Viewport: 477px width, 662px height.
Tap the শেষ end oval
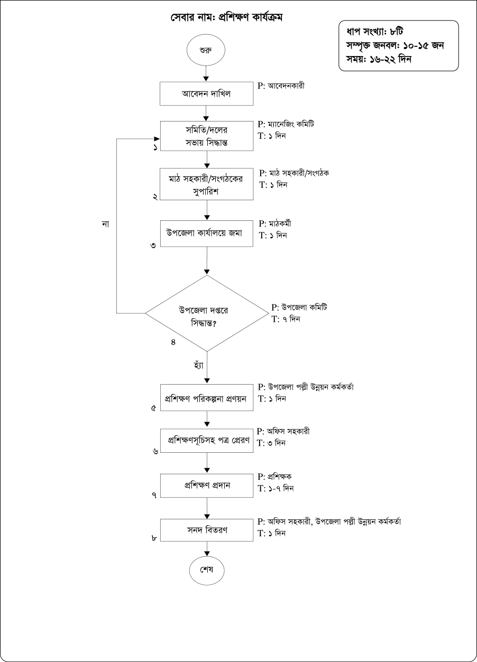click(206, 571)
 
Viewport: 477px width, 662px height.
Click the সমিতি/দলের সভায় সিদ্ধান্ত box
click(206, 136)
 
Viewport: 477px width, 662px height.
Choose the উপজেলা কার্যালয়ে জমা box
click(206, 232)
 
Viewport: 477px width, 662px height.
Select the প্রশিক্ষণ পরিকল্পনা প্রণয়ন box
click(206, 397)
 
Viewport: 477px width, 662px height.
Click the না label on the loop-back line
click(105, 224)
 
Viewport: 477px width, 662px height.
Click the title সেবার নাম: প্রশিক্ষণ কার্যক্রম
click(226, 17)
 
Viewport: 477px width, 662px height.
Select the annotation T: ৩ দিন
click(272, 443)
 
